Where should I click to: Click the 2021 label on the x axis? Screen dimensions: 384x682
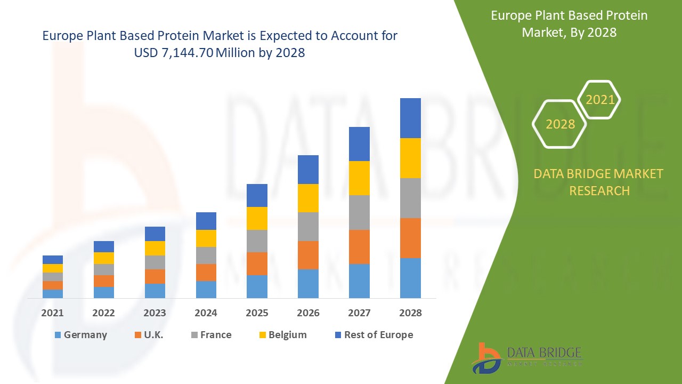(52, 313)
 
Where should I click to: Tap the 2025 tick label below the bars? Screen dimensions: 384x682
(257, 313)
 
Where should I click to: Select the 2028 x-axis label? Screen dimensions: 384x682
(410, 313)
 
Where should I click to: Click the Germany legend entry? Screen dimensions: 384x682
(80, 335)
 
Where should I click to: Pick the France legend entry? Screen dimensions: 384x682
(211, 335)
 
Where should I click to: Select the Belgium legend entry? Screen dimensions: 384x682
(282, 335)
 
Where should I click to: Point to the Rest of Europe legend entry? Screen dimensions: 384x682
(374, 335)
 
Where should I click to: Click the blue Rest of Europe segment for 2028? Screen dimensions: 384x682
(410, 118)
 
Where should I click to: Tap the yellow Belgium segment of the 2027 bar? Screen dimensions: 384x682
(359, 178)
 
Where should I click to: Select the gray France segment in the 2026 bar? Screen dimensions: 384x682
(308, 227)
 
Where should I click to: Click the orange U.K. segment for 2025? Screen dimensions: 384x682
(257, 263)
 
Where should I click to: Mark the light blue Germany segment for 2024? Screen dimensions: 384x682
(206, 289)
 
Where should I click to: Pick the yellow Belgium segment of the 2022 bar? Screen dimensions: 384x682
(103, 258)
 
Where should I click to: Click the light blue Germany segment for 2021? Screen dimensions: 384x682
(52, 293)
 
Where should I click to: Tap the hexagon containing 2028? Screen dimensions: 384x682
(559, 124)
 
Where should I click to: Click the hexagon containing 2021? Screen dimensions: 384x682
(599, 100)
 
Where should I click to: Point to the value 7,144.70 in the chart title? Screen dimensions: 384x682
(183, 53)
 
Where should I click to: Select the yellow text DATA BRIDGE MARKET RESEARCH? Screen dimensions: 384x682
(599, 182)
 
